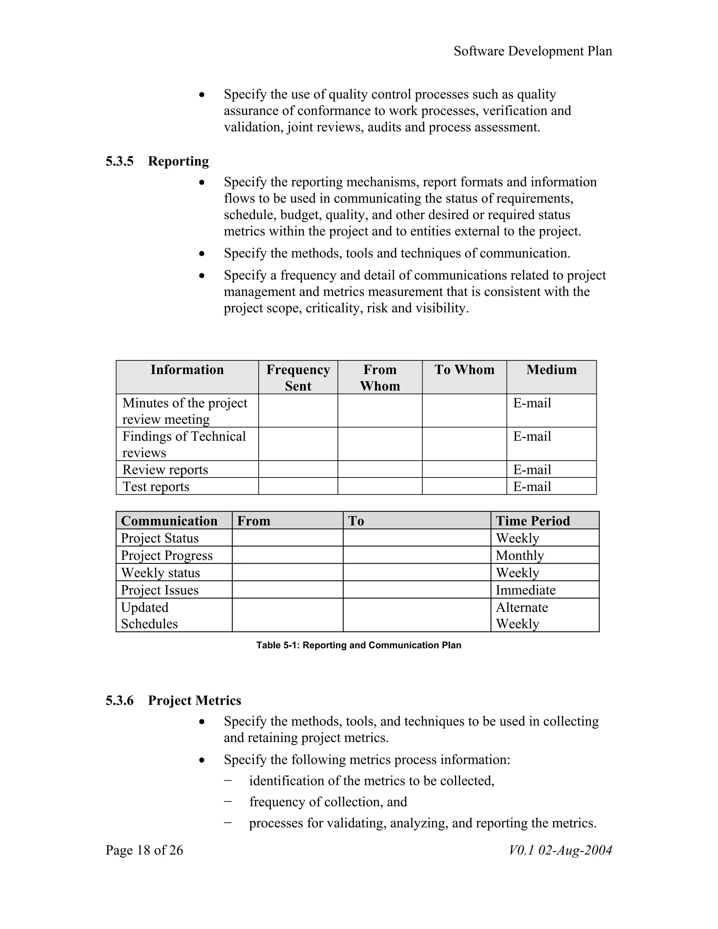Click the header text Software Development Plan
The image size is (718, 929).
tap(533, 51)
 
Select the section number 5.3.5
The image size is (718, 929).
tap(120, 161)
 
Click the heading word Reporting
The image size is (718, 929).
tap(178, 161)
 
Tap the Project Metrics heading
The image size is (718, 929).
tap(194, 700)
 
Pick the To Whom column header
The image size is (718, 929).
tap(464, 369)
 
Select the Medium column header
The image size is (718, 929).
tap(551, 369)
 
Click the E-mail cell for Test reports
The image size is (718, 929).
tap(532, 486)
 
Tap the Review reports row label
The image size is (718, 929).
tap(165, 470)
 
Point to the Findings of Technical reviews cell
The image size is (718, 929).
tap(184, 444)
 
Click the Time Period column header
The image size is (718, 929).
tap(533, 521)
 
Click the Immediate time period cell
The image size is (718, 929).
tap(525, 590)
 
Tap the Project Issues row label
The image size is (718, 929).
tap(160, 590)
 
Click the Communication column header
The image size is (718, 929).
tap(169, 521)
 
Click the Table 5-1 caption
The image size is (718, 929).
tap(359, 645)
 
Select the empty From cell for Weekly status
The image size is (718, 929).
tap(287, 572)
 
